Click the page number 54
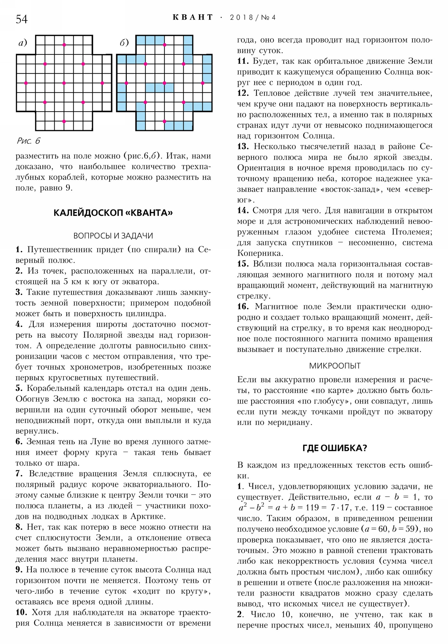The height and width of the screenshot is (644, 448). (22, 19)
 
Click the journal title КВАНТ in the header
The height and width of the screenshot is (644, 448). (193, 18)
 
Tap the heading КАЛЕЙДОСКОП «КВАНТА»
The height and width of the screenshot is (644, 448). (113, 213)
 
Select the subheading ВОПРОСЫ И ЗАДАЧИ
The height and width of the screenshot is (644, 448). (113, 235)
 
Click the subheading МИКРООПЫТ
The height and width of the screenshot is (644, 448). (335, 366)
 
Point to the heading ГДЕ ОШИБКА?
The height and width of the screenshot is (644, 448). (335, 448)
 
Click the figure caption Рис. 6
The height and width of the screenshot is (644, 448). (28, 141)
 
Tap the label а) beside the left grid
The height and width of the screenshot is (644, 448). (22, 43)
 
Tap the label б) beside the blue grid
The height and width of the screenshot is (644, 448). (124, 43)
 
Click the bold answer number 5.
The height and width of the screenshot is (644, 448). (19, 388)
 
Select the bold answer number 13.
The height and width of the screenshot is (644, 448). (243, 146)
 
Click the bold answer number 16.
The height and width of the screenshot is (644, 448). (243, 307)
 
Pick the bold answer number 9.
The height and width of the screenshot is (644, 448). (19, 570)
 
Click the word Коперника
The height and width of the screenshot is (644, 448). (260, 253)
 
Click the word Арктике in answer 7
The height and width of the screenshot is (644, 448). (148, 516)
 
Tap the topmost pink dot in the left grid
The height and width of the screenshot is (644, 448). (64, 45)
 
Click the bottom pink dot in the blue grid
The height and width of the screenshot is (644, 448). (164, 122)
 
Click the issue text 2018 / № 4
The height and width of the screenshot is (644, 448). (253, 18)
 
